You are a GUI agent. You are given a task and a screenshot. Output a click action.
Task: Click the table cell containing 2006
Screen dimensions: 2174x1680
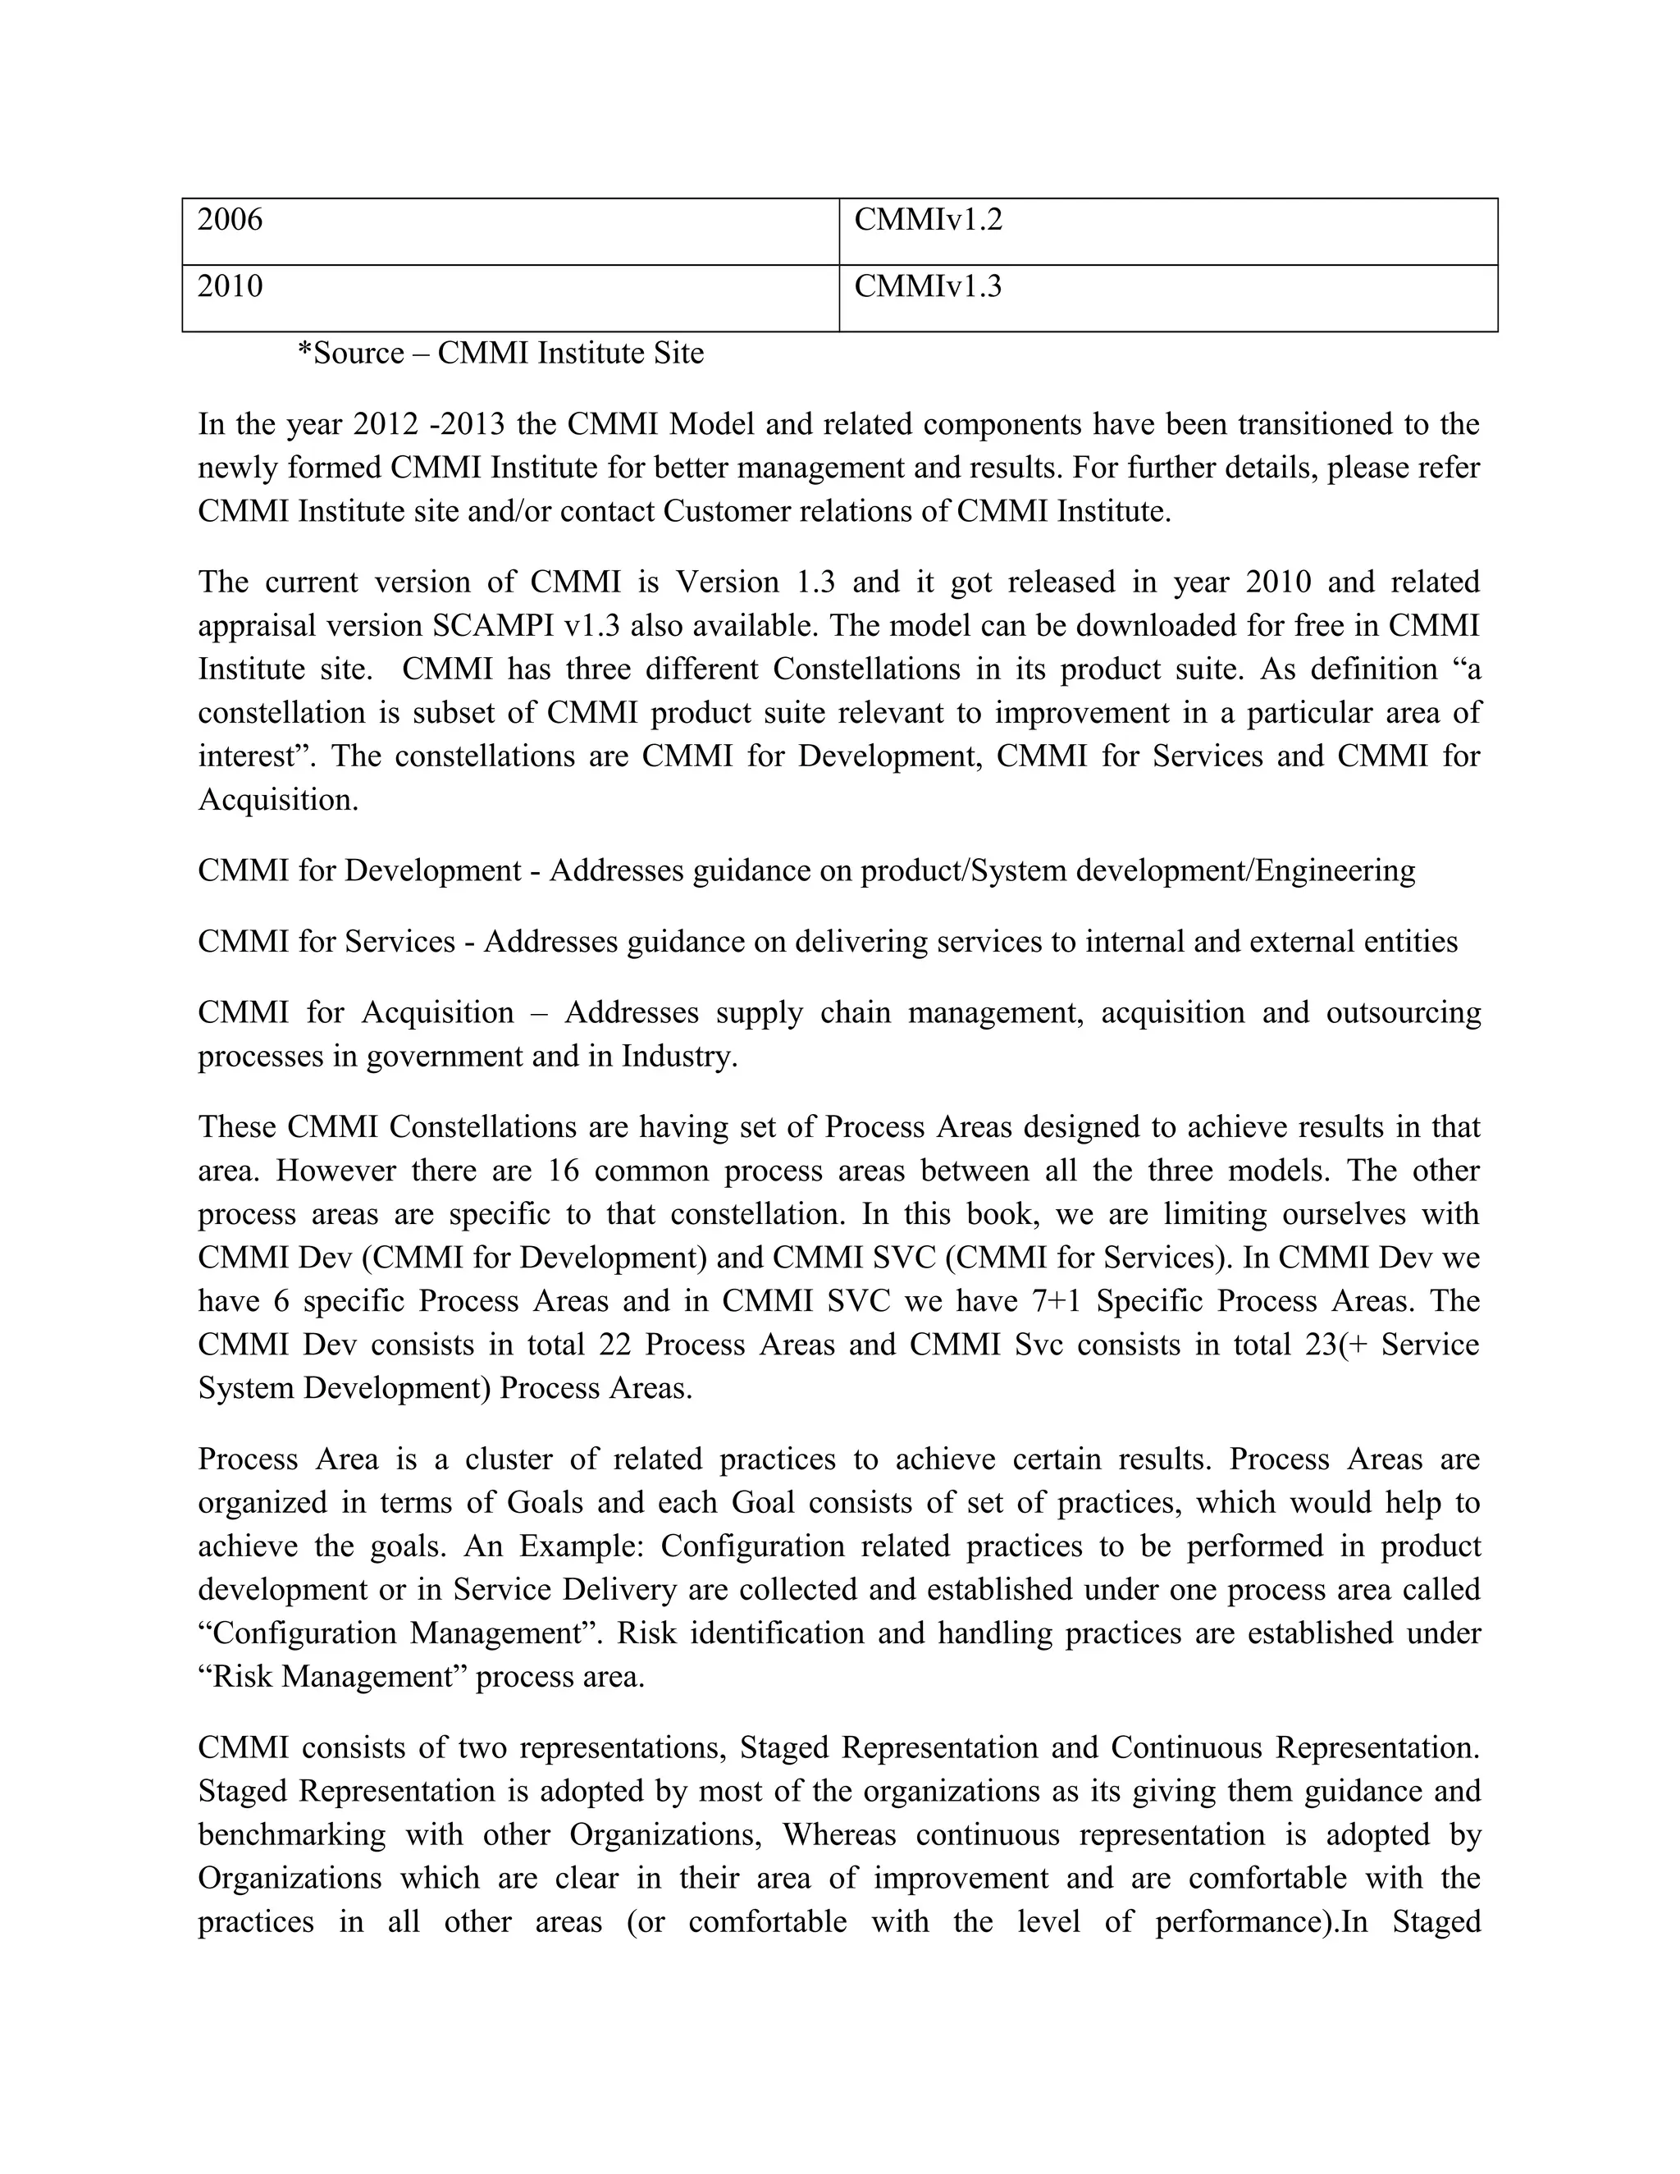(x=510, y=231)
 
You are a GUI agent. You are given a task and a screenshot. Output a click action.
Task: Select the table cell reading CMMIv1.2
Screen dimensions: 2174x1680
(x=1167, y=231)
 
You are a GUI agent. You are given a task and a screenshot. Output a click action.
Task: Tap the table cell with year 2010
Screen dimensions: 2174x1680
(x=510, y=298)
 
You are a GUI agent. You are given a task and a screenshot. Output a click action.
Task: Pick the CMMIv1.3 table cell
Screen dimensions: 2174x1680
(x=1167, y=298)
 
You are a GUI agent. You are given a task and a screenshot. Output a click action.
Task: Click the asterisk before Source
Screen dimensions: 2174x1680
(x=304, y=351)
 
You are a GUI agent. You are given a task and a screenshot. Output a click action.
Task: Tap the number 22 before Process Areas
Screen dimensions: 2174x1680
(x=614, y=1344)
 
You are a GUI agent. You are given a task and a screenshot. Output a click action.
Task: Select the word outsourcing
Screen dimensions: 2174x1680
(x=1404, y=1012)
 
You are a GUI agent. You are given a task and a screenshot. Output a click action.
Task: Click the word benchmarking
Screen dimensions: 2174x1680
(x=291, y=1834)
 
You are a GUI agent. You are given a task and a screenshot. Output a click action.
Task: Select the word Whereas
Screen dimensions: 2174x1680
(x=838, y=1834)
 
